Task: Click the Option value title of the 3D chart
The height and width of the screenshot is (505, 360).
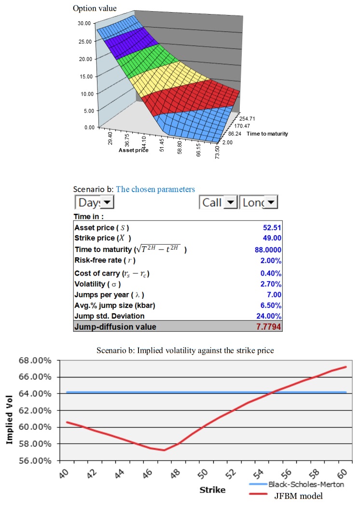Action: (x=94, y=8)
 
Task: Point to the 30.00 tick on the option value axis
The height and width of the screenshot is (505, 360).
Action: (x=84, y=23)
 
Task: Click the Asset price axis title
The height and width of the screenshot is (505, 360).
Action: (x=133, y=150)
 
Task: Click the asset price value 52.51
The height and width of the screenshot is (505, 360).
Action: (x=272, y=227)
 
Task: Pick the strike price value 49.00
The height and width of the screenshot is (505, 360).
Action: (x=272, y=238)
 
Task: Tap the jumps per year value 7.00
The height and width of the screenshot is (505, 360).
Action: (x=273, y=295)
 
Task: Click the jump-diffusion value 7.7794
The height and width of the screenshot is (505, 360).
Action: (x=268, y=327)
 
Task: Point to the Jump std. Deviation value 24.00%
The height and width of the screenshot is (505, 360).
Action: (x=269, y=317)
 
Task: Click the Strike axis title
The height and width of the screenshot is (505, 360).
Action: (x=212, y=490)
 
